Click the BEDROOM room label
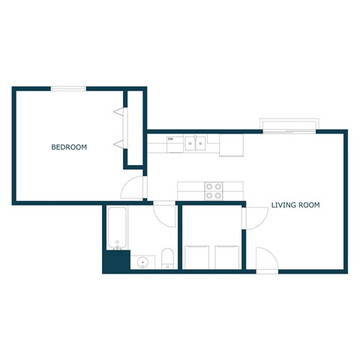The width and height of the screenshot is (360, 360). click(x=69, y=148)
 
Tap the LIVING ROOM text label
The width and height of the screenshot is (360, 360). click(x=295, y=205)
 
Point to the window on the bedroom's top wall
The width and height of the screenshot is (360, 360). click(x=68, y=88)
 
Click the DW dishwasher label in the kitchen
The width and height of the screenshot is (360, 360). click(x=171, y=139)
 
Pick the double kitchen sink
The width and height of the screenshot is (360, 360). click(x=196, y=142)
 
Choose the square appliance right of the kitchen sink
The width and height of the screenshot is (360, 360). click(x=231, y=145)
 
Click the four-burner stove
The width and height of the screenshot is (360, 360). click(x=214, y=190)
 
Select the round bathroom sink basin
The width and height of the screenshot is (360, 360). click(x=142, y=262)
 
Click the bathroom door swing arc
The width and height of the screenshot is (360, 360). click(x=165, y=215)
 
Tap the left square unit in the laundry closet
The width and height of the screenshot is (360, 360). click(x=196, y=256)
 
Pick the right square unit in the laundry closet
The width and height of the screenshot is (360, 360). click(x=226, y=256)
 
